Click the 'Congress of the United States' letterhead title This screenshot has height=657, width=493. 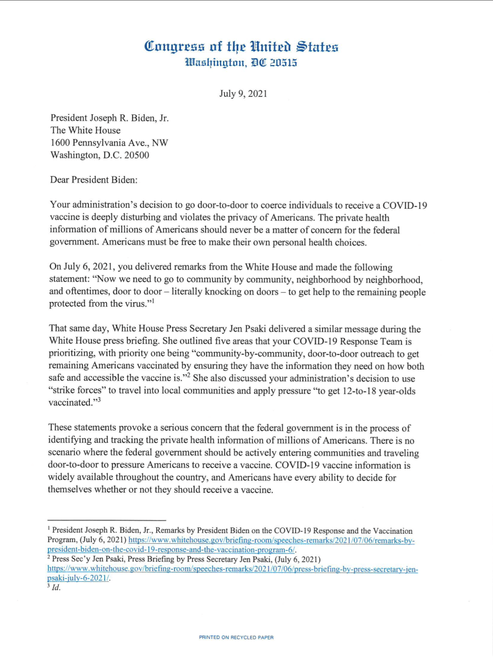pos(241,46)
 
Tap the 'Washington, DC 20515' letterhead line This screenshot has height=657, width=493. pos(241,62)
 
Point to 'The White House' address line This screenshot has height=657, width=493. pos(86,130)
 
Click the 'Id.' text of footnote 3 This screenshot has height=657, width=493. pos(56,588)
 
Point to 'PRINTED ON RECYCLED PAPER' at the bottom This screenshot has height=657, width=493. pos(237,636)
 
